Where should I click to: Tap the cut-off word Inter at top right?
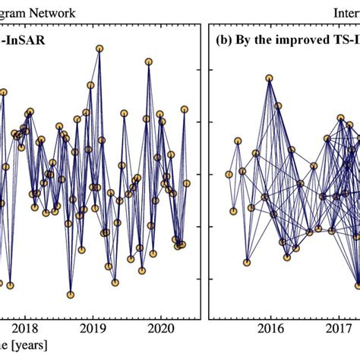click(346, 12)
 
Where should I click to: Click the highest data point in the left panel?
click(99, 49)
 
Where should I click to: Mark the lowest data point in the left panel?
click(70, 295)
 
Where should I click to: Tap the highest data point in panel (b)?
click(270, 77)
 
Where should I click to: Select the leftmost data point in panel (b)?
click(229, 175)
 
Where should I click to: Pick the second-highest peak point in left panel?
click(148, 62)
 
